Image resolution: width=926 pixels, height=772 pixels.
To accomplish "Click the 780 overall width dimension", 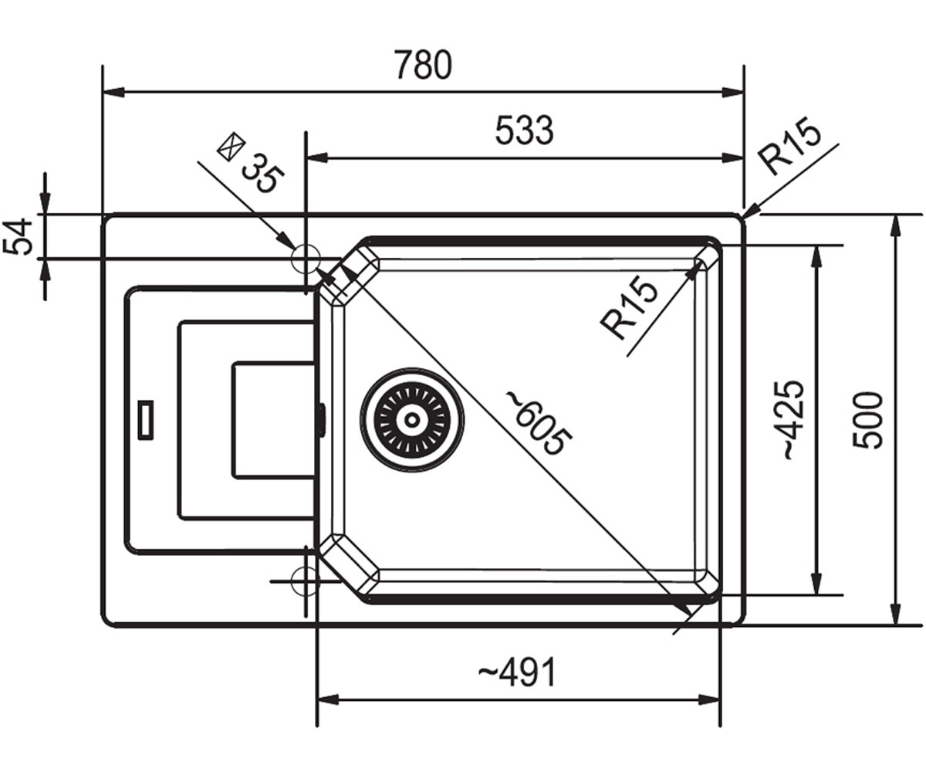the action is [x=424, y=65].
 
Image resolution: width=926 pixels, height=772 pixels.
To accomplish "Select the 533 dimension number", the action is [x=524, y=130].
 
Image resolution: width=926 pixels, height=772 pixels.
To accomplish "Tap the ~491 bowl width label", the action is [x=517, y=672].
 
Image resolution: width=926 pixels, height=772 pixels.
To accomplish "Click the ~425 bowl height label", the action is [x=792, y=420].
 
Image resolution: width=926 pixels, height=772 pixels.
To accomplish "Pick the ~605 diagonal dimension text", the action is [x=539, y=423].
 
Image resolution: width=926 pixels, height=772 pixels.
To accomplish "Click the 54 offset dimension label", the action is [x=19, y=236].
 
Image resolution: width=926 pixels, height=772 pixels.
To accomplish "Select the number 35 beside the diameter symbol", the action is [x=262, y=173].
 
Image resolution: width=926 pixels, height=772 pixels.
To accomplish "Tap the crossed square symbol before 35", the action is [x=231, y=147].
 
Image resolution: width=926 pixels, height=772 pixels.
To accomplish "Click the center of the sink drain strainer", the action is [x=412, y=419].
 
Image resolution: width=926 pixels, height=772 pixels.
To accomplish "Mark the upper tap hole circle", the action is [x=305, y=245].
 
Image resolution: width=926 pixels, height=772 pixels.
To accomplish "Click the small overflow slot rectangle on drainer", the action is [x=146, y=420].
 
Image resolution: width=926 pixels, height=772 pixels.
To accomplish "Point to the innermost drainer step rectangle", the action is [x=232, y=421].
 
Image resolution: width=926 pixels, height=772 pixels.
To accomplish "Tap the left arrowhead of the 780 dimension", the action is [x=113, y=93].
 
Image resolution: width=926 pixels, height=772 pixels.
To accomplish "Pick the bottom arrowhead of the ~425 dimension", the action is [x=814, y=584].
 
